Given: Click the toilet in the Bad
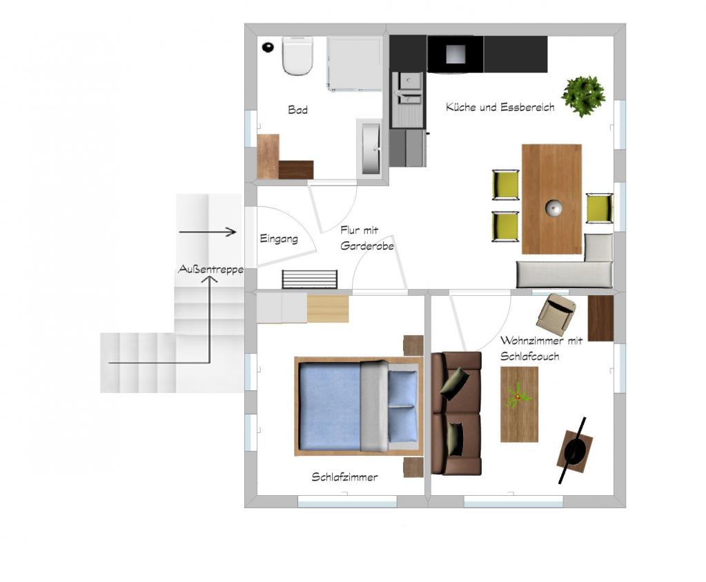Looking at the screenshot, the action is point(297,57).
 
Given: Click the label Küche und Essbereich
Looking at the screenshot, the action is point(500,107).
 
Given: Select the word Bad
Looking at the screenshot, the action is point(297,110).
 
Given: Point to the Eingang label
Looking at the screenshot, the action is point(279,239).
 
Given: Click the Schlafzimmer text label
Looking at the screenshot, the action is point(344,477).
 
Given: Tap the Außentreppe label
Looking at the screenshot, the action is point(210,270).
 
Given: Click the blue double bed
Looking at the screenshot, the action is point(359,406).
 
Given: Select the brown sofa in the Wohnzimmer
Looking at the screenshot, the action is point(457,413).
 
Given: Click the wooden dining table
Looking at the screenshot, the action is point(551,199).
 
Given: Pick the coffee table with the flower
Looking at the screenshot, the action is point(519,404).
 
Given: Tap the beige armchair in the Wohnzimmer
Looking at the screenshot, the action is point(556,311).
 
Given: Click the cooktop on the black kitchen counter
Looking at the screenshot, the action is point(455,54).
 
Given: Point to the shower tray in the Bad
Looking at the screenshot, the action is point(355,63).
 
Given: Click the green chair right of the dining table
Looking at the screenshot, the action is point(599,208).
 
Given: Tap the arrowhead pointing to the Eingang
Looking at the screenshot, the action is point(231,232).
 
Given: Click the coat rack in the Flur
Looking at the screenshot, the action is point(309,279).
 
